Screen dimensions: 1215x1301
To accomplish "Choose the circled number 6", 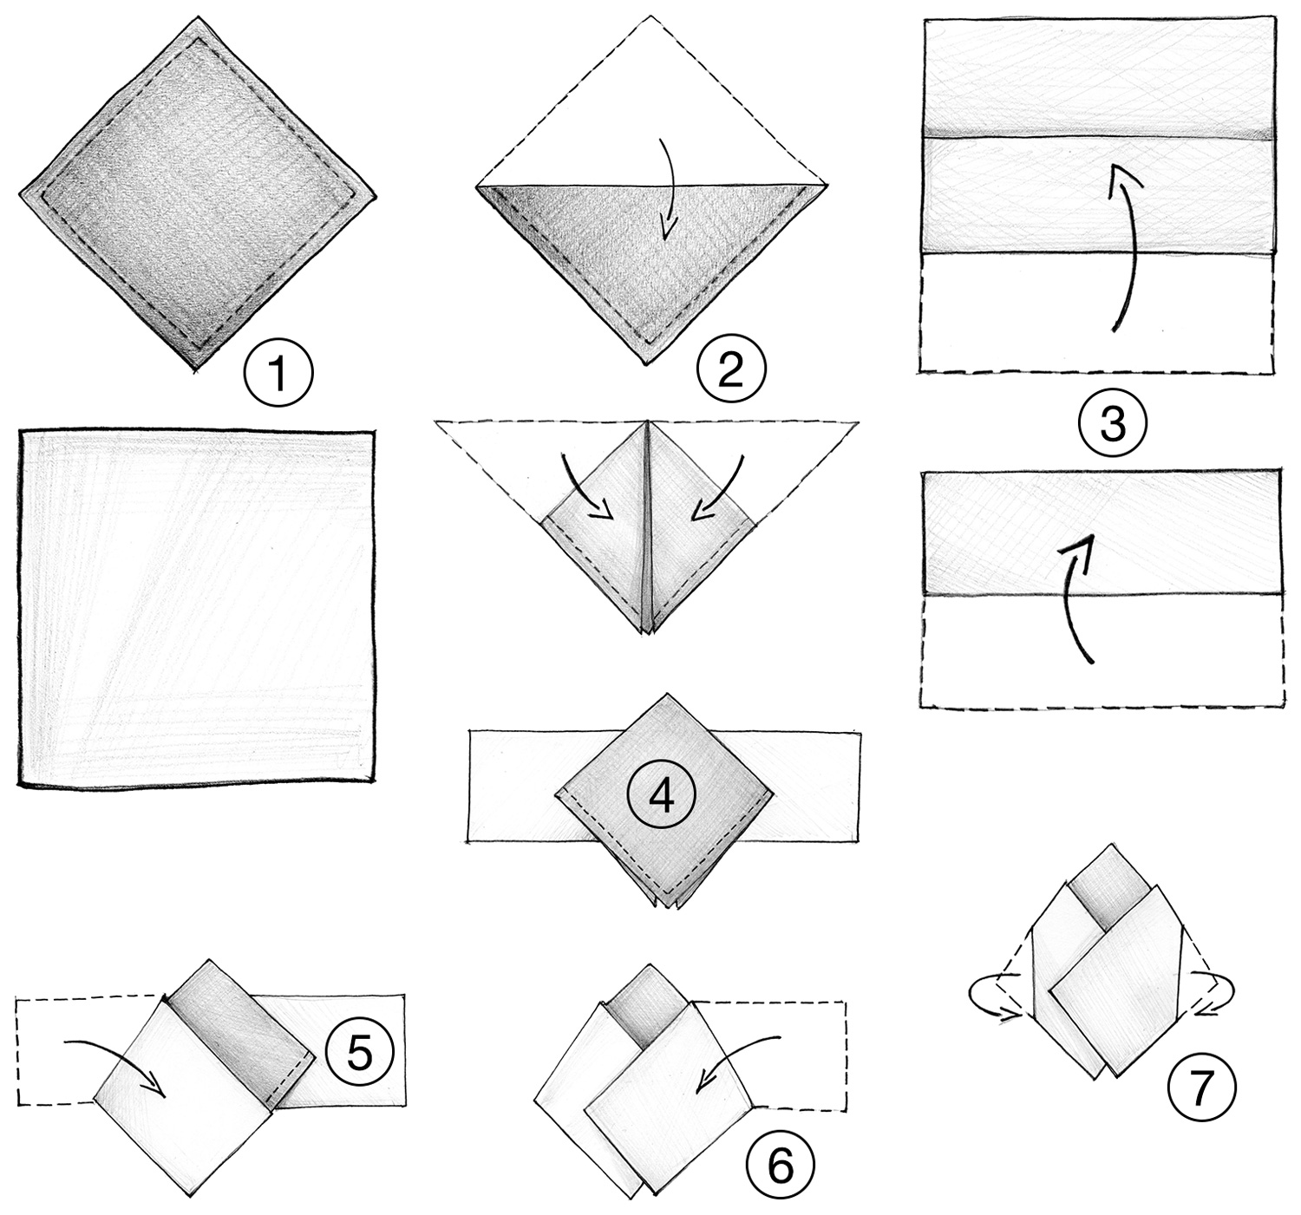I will coord(781,1167).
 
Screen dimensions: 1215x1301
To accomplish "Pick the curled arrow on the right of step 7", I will coord(1210,991).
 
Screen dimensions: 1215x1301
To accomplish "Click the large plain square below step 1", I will coord(197,607).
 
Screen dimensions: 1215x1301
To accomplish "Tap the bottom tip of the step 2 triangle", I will coord(647,363).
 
